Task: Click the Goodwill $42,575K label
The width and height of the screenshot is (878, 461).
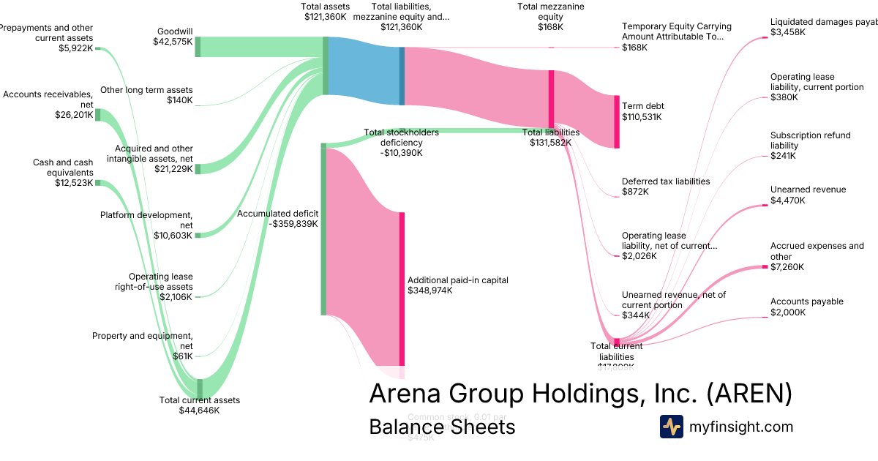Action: (x=175, y=37)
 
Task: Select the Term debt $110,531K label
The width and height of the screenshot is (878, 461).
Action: (x=642, y=111)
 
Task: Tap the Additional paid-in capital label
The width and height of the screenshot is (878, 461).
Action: (x=457, y=285)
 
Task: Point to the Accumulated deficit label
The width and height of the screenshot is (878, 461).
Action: (x=277, y=219)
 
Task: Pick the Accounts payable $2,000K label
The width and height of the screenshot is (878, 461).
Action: (x=806, y=307)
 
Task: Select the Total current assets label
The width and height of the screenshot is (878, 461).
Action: (x=199, y=405)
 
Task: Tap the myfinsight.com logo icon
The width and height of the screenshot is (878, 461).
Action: (x=671, y=427)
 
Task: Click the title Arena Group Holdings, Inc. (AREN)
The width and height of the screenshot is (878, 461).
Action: (x=580, y=394)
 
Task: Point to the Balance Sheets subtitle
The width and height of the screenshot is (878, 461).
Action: (x=442, y=427)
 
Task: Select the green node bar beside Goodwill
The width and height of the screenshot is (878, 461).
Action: (x=198, y=47)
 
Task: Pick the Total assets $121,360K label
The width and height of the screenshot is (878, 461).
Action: (x=324, y=11)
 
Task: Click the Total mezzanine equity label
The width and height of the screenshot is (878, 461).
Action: (x=540, y=16)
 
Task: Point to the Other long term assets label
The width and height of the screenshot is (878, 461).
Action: (x=146, y=95)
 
